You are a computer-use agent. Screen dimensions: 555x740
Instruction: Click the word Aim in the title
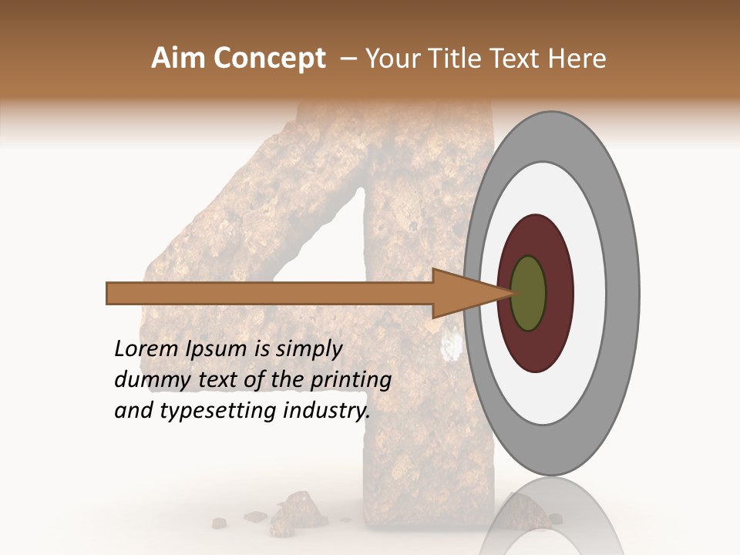pyautogui.click(x=178, y=59)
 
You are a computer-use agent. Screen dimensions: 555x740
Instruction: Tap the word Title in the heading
pyautogui.click(x=456, y=59)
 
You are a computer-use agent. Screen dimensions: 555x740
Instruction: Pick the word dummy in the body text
pyautogui.click(x=147, y=380)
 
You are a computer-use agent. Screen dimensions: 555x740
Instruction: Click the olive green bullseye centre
pyautogui.click(x=529, y=294)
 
